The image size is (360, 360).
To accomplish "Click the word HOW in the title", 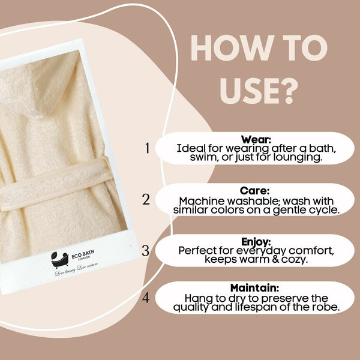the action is (232, 48).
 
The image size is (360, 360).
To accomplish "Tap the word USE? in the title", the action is (259, 91).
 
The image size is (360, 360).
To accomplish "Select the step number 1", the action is (147, 148).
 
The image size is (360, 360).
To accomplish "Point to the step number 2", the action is (146, 199).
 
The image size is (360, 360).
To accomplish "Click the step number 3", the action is (146, 250).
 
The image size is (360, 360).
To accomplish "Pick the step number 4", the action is (146, 298).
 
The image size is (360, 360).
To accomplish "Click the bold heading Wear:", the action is (256, 139).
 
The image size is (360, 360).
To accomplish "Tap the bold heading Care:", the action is (255, 191).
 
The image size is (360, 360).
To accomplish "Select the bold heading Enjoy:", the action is (256, 242).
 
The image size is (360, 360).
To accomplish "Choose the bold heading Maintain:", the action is (255, 288).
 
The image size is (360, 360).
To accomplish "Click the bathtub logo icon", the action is (59, 260).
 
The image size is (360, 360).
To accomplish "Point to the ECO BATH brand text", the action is (83, 254).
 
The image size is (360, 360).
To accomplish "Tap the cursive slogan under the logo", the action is (76, 269).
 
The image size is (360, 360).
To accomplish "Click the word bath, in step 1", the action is (323, 149).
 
